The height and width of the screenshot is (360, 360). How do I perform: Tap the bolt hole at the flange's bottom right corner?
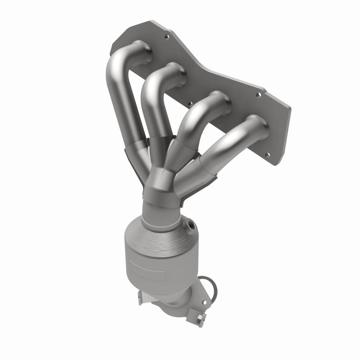pyautogui.click(x=269, y=155)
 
